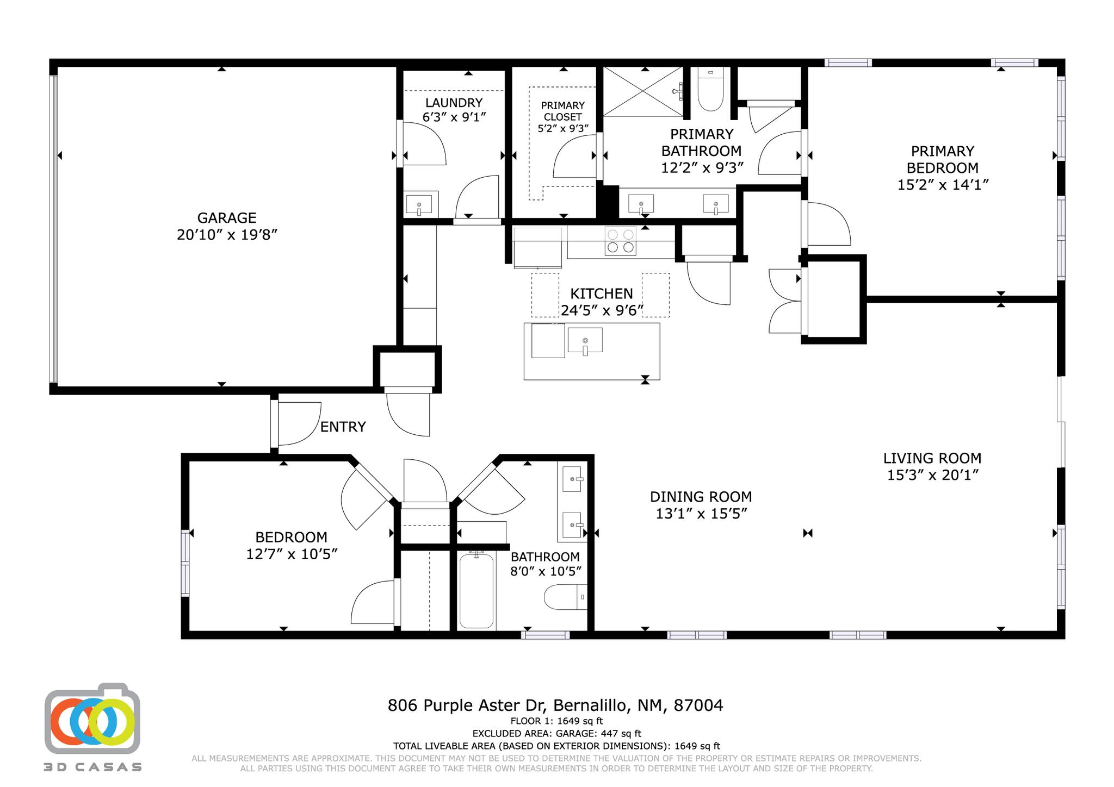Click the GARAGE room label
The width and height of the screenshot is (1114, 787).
(227, 218)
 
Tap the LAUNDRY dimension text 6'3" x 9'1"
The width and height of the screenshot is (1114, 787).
(454, 117)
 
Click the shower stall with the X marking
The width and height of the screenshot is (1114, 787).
(642, 91)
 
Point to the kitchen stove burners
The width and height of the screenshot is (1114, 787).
(621, 241)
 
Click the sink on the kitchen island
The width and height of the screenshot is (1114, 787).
(585, 341)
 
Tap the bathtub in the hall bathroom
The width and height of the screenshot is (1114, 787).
(476, 591)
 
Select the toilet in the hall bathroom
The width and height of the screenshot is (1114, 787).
(565, 597)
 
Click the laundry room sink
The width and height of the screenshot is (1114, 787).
(419, 205)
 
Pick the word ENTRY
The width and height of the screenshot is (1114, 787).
(343, 427)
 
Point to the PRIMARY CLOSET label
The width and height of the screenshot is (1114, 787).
(562, 111)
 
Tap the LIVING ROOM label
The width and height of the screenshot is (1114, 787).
(932, 459)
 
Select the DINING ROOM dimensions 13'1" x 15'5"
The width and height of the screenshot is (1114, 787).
(701, 514)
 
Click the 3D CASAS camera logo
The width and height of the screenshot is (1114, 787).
(92, 719)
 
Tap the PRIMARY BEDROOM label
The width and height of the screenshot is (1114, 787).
(942, 159)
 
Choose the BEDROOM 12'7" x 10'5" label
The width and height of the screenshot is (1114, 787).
(291, 545)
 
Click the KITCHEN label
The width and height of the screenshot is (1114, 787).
(601, 294)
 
